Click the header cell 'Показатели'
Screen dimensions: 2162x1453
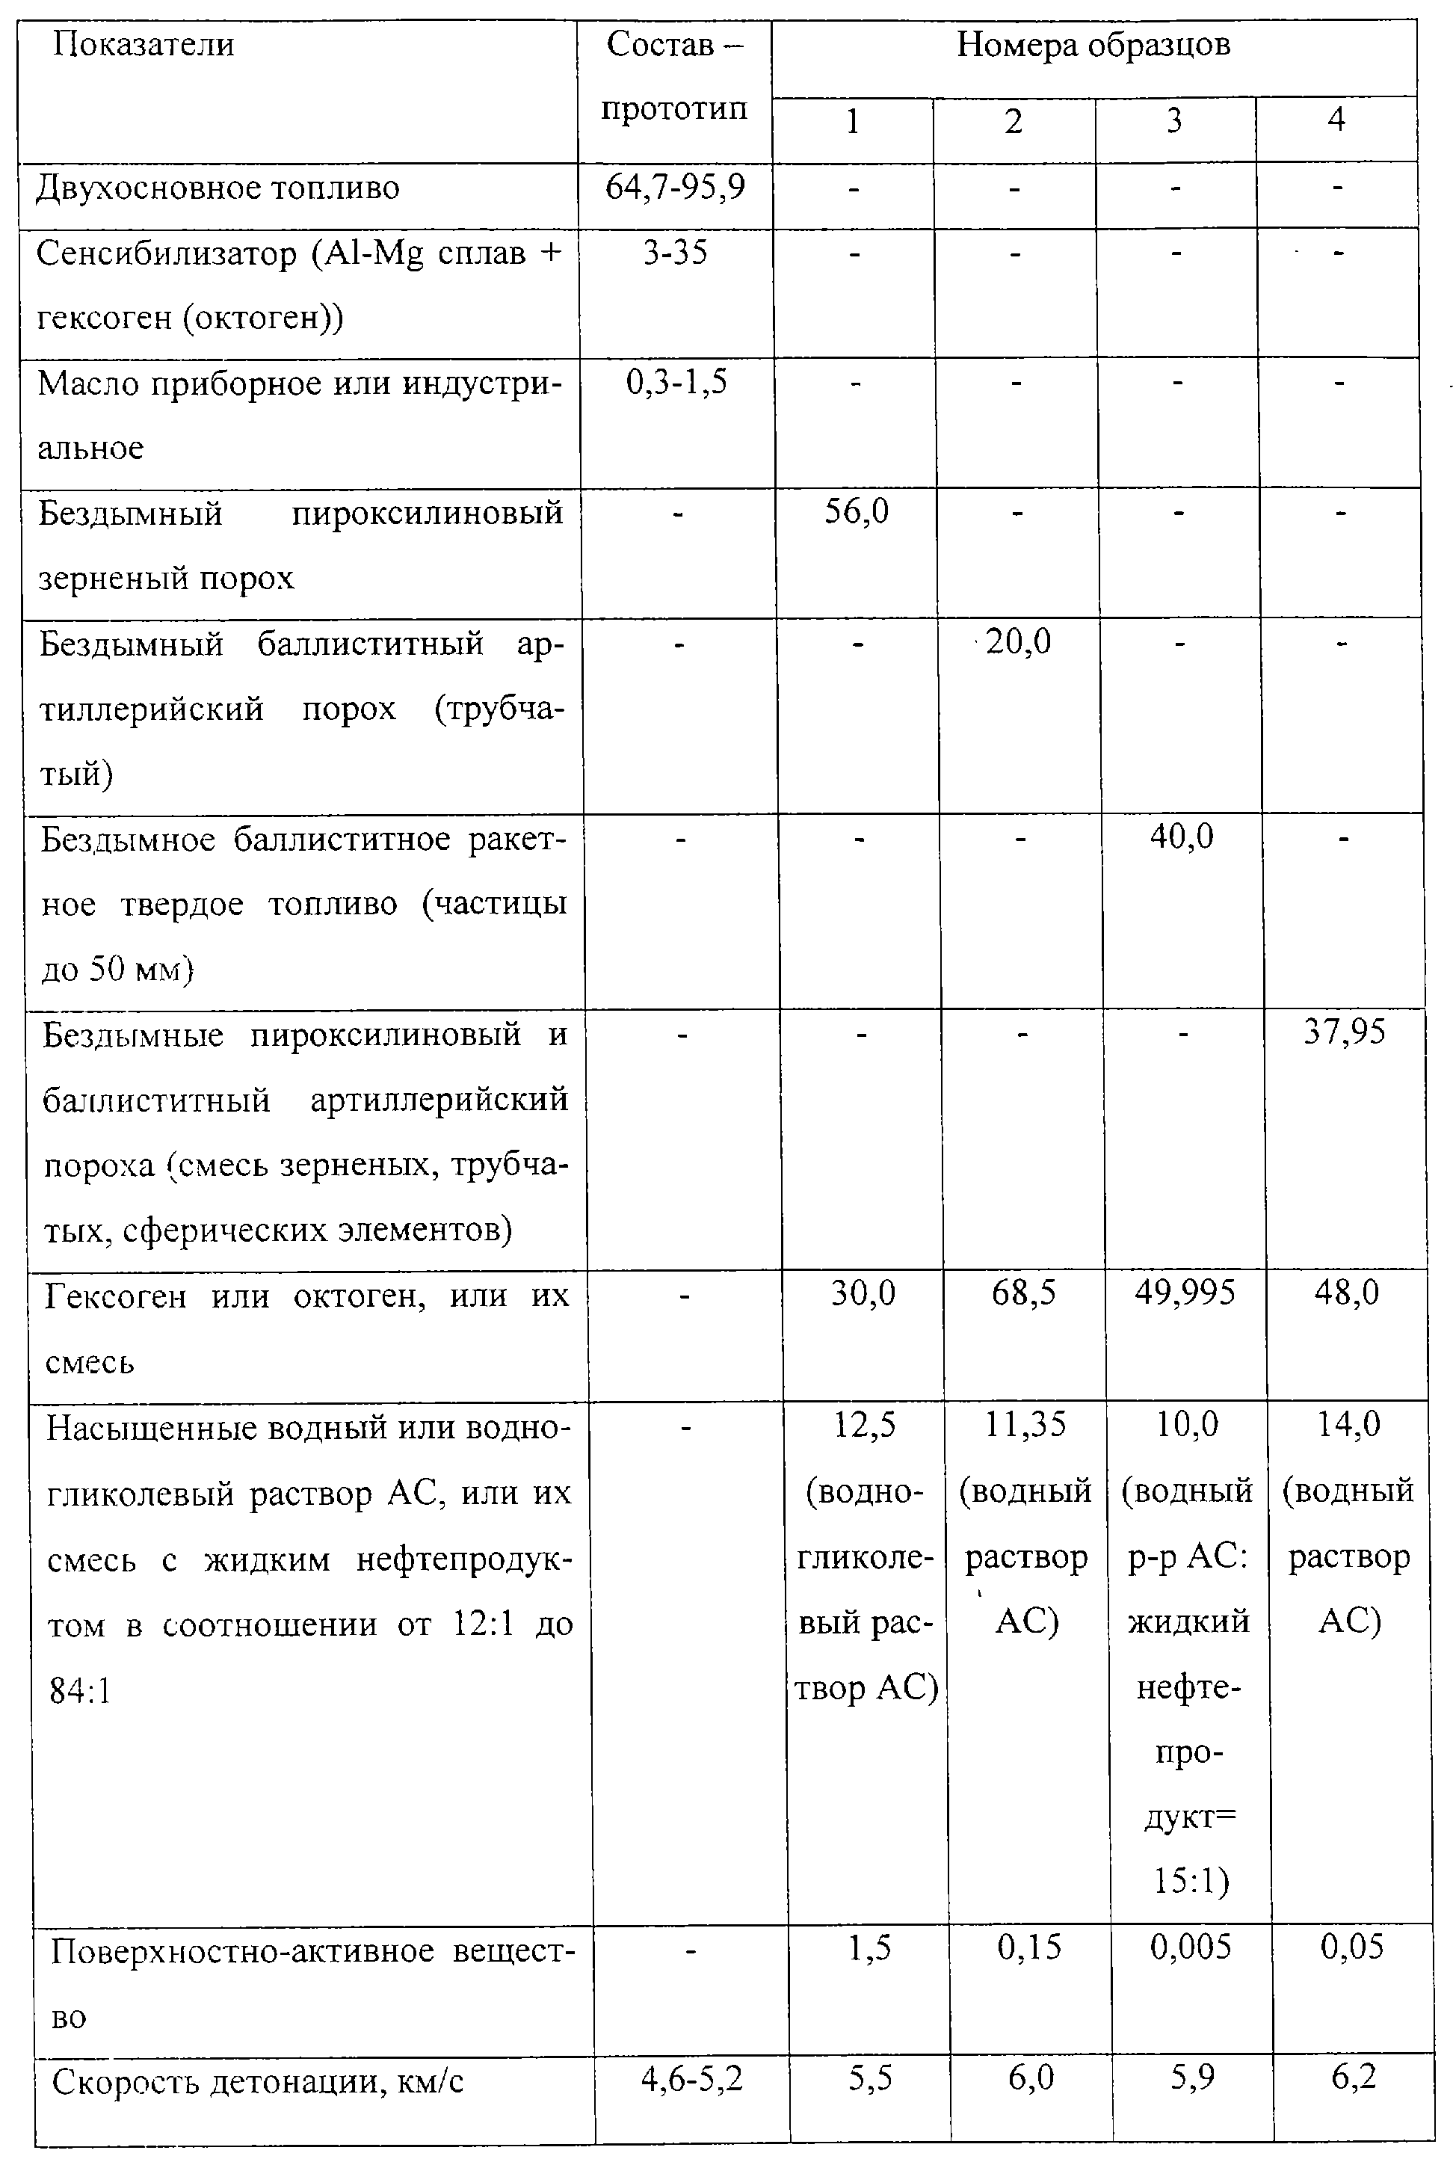143,45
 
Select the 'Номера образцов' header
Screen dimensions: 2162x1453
1093,45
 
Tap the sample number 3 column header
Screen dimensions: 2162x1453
1174,120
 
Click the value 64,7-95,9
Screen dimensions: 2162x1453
675,188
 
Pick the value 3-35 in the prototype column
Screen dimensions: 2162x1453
676,253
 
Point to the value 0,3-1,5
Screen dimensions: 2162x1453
676,383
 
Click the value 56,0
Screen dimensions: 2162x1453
857,511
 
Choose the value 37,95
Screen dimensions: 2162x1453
1345,1032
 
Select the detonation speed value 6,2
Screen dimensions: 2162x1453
1354,2078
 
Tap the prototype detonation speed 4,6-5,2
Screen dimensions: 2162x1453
691,2081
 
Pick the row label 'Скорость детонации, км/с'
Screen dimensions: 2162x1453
258,2082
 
